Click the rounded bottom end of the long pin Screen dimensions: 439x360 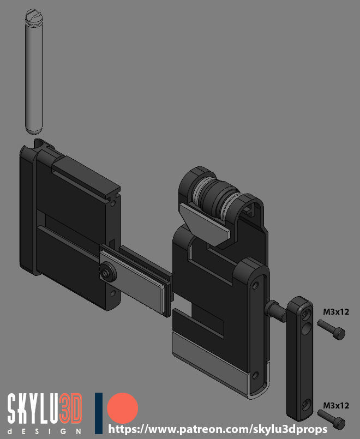[x=33, y=130]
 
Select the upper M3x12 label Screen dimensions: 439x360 [x=336, y=311]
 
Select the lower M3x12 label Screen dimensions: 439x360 [x=336, y=406]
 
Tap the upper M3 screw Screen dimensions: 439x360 [x=331, y=329]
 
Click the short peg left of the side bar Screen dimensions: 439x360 [x=275, y=310]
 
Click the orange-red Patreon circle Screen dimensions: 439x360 [x=123, y=408]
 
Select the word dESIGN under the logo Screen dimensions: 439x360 [x=44, y=431]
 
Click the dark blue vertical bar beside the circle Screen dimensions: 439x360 [x=99, y=413]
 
